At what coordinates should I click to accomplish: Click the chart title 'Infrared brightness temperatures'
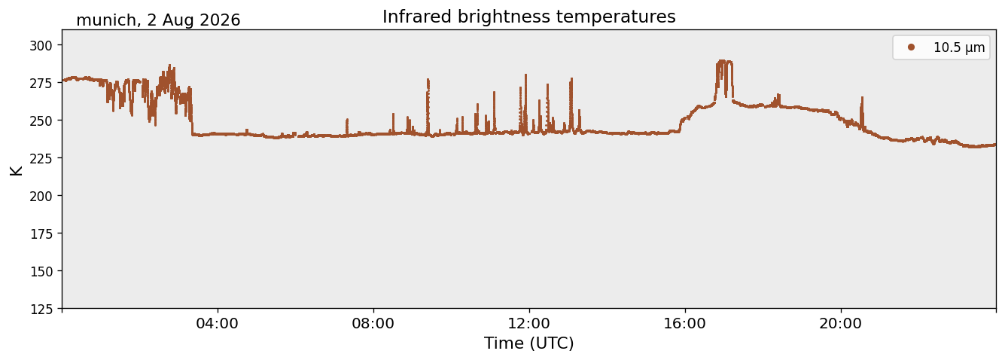(x=529, y=17)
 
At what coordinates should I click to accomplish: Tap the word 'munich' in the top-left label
(x=106, y=20)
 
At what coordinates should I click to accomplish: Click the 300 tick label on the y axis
(x=41, y=45)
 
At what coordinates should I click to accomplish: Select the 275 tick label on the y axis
(x=41, y=83)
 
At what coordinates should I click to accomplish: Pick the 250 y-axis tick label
(x=41, y=121)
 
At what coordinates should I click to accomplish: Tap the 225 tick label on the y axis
(x=41, y=158)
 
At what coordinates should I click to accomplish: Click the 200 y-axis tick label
(x=41, y=196)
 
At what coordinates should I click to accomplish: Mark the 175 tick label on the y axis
(x=41, y=234)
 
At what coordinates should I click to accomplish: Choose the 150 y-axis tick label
(x=41, y=272)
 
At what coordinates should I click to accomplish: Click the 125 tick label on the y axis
(x=41, y=310)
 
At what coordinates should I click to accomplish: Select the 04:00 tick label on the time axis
(x=218, y=324)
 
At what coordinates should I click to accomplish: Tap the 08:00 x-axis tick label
(x=373, y=324)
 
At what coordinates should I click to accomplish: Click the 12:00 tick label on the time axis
(x=529, y=324)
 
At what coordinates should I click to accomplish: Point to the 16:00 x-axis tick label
(x=685, y=324)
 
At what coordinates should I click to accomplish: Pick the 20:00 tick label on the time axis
(x=841, y=324)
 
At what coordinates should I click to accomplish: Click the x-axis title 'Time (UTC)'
(x=529, y=344)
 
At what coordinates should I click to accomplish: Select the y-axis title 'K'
(x=16, y=170)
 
